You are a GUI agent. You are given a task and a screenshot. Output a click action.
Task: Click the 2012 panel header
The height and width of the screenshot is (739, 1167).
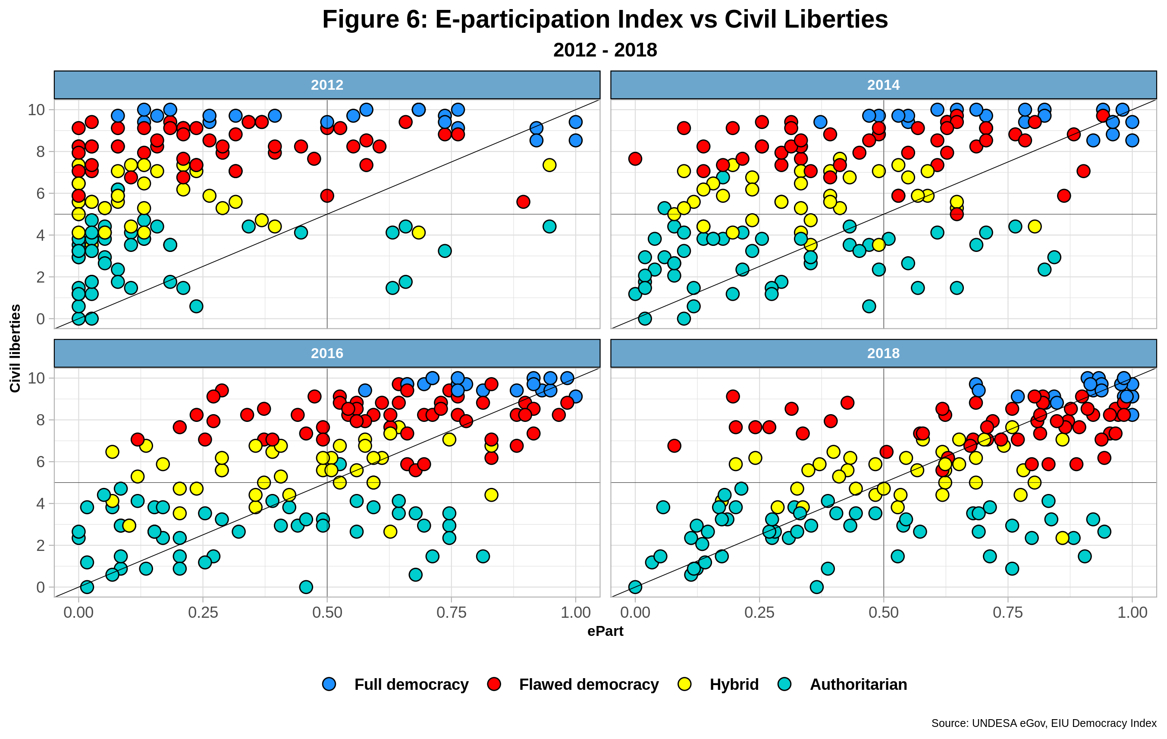pyautogui.click(x=327, y=85)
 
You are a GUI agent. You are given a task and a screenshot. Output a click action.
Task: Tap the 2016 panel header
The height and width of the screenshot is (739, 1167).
pyautogui.click(x=327, y=353)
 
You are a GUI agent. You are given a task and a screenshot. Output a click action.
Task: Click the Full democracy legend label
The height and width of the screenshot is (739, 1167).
pyautogui.click(x=411, y=684)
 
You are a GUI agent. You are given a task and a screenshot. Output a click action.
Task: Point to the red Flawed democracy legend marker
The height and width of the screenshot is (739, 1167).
pyautogui.click(x=494, y=684)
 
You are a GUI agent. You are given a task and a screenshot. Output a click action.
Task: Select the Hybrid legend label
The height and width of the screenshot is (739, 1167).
pyautogui.click(x=734, y=684)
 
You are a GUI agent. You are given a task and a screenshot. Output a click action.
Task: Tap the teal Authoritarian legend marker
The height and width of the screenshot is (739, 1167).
pyautogui.click(x=784, y=684)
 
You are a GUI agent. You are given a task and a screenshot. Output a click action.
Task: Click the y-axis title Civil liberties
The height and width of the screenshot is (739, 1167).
pyautogui.click(x=15, y=348)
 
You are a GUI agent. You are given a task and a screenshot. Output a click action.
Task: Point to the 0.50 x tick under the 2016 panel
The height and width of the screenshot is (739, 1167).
pyautogui.click(x=327, y=613)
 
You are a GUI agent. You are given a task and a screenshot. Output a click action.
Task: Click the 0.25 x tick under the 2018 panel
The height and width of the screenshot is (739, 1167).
pyautogui.click(x=759, y=613)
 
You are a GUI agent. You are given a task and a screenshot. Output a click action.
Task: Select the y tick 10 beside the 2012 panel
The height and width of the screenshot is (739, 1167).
pyautogui.click(x=36, y=110)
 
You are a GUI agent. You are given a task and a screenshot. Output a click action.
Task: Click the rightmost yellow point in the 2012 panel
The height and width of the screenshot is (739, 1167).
pyautogui.click(x=549, y=165)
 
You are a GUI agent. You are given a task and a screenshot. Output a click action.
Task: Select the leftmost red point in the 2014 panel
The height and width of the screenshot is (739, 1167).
pyautogui.click(x=635, y=159)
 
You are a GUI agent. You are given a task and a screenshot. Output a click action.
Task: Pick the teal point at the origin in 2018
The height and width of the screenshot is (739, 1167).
pyautogui.click(x=635, y=587)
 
